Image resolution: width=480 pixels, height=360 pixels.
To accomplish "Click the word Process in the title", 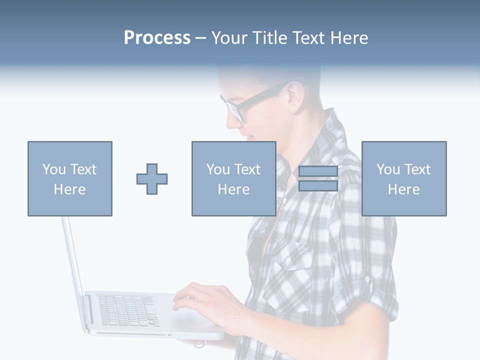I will pos(157,38).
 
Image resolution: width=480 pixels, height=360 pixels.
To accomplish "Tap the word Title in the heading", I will pos(270,38).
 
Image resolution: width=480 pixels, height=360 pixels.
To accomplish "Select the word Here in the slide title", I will pos(348,38).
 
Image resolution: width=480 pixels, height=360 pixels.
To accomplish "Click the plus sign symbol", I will pos(152,178).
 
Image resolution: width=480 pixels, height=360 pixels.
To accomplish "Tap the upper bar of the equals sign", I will pos(318,171).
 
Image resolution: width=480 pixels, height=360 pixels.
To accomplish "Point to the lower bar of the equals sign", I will pos(318,185).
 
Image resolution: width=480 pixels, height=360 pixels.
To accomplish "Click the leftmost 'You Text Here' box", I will pos(69,178).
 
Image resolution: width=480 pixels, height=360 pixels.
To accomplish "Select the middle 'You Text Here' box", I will pos(233,178).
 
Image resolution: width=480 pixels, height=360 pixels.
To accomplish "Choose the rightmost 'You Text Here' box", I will pos(403,178).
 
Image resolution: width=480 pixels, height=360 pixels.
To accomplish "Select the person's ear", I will pos(295,95).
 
